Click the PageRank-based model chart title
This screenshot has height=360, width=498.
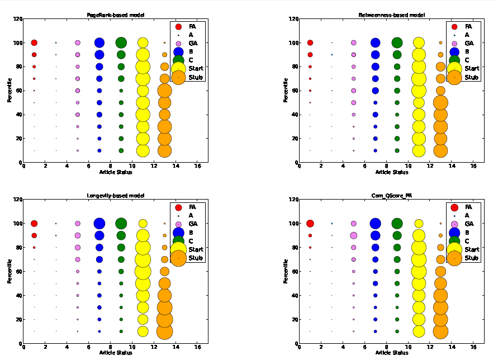pyautogui.click(x=115, y=15)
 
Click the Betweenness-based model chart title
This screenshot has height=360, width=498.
pyautogui.click(x=391, y=15)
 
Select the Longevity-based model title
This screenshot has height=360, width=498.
pyautogui.click(x=115, y=196)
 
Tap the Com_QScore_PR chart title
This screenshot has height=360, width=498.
pyautogui.click(x=391, y=196)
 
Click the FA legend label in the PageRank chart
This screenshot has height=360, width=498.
pyautogui.click(x=192, y=26)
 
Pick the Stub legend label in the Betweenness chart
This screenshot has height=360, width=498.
pyautogui.click(x=471, y=77)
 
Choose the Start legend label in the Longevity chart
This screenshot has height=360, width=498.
pyautogui.click(x=196, y=249)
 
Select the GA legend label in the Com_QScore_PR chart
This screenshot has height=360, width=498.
pyautogui.click(x=468, y=224)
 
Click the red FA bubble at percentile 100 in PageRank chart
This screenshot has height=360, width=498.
pyautogui.click(x=34, y=42)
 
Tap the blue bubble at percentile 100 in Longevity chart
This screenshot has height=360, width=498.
pyautogui.click(x=99, y=224)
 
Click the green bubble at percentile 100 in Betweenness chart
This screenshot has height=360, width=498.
pyautogui.click(x=397, y=42)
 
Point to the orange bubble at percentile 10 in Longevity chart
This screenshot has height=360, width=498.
pyautogui.click(x=164, y=331)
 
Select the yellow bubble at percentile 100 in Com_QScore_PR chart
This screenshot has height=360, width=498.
pyautogui.click(x=419, y=224)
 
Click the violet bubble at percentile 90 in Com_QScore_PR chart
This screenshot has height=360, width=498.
pyautogui.click(x=353, y=235)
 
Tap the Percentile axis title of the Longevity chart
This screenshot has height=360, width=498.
pyautogui.click(x=10, y=271)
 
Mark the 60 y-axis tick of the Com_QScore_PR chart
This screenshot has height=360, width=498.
pyautogui.click(x=294, y=272)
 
